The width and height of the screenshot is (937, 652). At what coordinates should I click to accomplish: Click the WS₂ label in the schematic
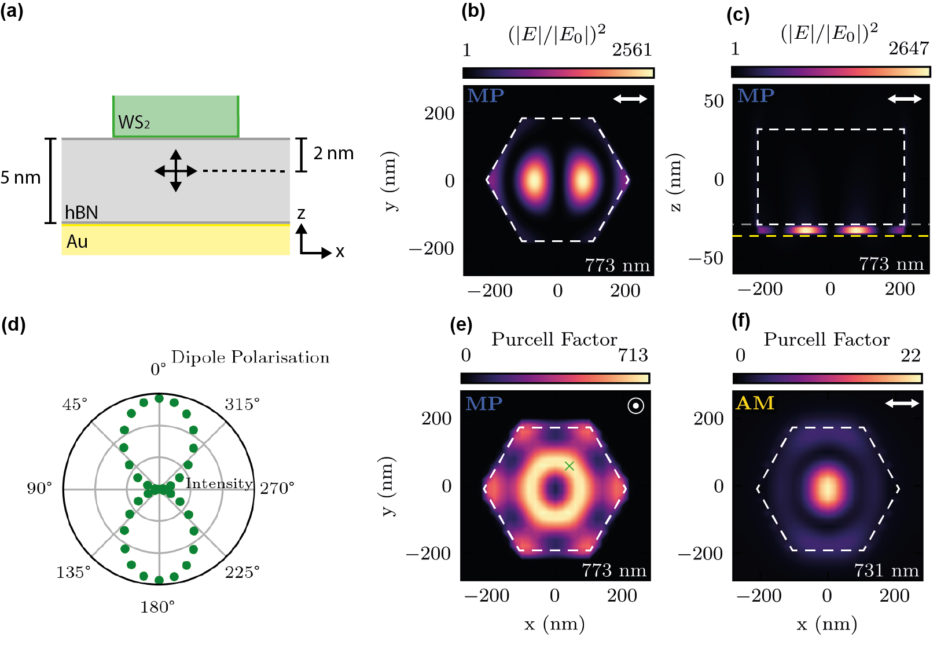pos(134,122)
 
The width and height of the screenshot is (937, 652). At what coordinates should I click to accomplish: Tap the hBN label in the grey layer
pos(81,213)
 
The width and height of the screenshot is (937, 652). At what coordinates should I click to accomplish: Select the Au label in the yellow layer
pos(77,241)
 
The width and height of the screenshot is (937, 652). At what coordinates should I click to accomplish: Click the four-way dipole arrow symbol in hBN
pos(176,171)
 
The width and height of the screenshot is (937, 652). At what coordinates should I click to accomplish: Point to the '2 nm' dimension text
pos(333,153)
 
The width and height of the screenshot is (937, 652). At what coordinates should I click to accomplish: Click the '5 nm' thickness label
pos(20,178)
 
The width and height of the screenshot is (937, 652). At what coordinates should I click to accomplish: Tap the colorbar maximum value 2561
pos(632,50)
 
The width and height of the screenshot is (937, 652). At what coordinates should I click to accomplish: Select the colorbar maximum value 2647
pos(909,48)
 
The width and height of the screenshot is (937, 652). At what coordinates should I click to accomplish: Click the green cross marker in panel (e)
pos(569,466)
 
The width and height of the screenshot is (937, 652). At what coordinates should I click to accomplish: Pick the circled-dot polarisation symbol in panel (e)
pos(635,406)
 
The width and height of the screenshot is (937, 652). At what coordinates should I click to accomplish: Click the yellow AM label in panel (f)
pos(755,403)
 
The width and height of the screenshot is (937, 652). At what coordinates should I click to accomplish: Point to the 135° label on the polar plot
pos(74,572)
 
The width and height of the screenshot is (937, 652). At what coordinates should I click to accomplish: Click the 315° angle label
pos(242,404)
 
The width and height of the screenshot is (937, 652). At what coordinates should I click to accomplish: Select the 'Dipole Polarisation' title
pos(250,357)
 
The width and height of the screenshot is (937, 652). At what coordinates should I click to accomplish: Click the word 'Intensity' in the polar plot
pos(219,483)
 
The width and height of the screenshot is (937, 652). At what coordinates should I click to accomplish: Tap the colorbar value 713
pos(633,355)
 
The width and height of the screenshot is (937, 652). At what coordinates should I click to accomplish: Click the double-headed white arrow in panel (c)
pos(905,99)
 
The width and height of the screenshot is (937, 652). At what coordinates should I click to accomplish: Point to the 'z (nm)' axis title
pos(675,182)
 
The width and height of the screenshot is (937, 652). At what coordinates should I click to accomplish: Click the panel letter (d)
pos(13,324)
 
